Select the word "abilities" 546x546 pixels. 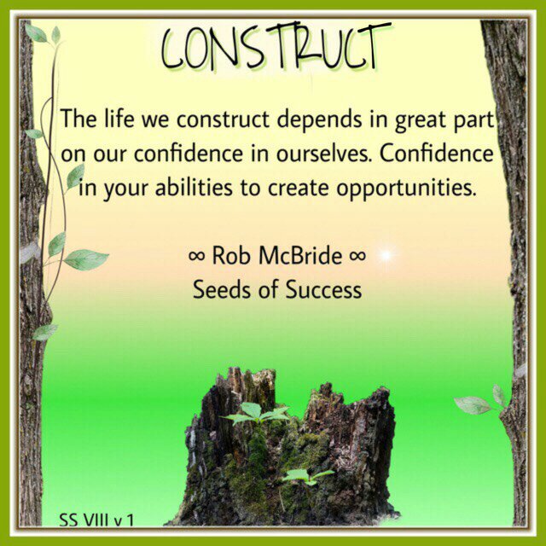point(194,188)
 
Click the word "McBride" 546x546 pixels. point(300,255)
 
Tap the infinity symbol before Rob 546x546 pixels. point(196,256)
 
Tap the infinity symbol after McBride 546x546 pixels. point(357,256)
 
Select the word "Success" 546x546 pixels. point(323,289)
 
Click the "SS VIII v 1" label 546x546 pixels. point(96,520)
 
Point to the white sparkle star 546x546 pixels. point(386,255)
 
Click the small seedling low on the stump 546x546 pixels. point(307,476)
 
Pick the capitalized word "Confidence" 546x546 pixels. point(436,154)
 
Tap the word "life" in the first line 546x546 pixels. point(119,118)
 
